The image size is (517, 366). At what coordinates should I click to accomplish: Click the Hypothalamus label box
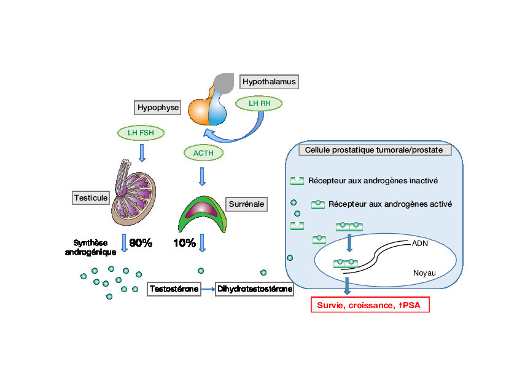[x=269, y=81]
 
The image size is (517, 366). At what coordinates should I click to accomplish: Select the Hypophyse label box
[x=157, y=108]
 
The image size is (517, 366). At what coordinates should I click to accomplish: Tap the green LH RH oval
[x=259, y=103]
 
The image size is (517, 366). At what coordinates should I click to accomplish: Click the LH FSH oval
[x=141, y=132]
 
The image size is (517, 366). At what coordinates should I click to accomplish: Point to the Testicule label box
[x=91, y=197]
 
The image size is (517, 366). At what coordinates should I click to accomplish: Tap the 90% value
[x=141, y=243]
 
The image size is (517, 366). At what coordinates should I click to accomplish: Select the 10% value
[x=184, y=243]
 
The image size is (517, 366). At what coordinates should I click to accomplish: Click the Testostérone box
[x=174, y=288]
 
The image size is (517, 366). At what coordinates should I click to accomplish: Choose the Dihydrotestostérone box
[x=254, y=288]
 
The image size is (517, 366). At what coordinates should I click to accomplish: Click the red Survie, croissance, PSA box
[x=370, y=304]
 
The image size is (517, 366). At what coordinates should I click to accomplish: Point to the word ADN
[x=421, y=243]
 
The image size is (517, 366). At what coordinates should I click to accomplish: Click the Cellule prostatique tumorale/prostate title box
[x=374, y=149]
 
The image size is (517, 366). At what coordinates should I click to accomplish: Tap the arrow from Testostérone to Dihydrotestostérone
[x=208, y=288]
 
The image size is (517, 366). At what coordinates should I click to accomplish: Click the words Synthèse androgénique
[x=91, y=247]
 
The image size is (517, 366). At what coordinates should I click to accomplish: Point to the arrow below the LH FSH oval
[x=142, y=153]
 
